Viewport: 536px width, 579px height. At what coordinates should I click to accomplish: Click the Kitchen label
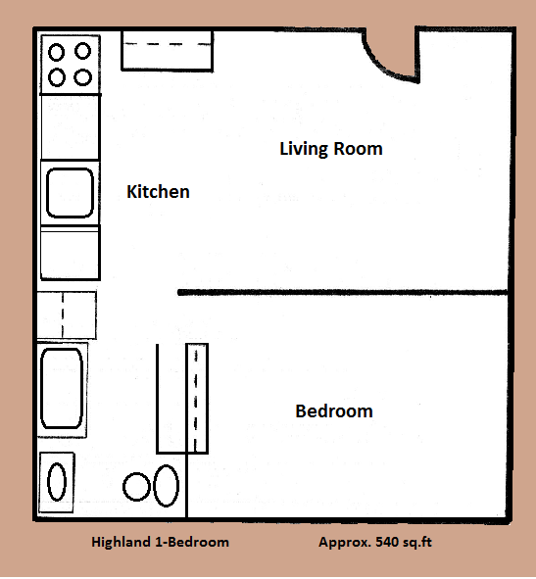click(x=158, y=192)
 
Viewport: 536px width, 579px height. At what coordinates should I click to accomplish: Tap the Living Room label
click(x=330, y=149)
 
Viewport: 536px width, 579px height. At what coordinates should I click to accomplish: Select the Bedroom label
click(x=333, y=411)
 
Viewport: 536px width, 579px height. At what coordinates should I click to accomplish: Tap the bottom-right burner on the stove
click(x=83, y=76)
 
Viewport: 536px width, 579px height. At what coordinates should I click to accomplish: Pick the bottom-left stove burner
click(x=57, y=76)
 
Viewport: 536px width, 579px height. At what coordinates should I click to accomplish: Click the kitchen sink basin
click(x=70, y=190)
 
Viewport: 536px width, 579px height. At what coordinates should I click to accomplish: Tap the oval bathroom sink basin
click(x=58, y=482)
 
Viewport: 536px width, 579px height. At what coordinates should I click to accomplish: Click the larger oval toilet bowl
click(x=167, y=485)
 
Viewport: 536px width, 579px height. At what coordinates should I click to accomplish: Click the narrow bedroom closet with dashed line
click(x=197, y=399)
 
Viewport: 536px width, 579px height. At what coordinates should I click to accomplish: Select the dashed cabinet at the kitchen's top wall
click(x=167, y=49)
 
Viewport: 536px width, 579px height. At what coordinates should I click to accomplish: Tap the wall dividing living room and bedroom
click(x=343, y=292)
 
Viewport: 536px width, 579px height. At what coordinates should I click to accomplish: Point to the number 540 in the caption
click(x=386, y=542)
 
